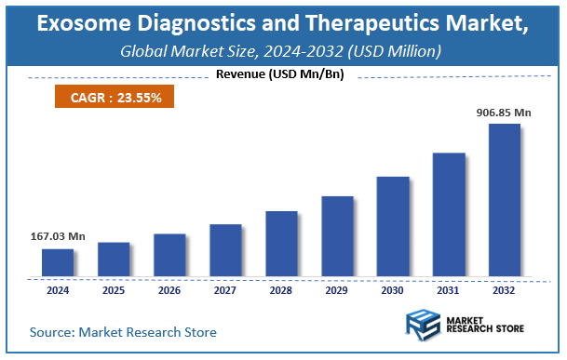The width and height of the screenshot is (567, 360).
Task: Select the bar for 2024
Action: [x=57, y=262]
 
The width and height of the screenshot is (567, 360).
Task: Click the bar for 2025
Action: [x=114, y=259]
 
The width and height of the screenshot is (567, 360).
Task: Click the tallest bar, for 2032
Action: [x=505, y=199]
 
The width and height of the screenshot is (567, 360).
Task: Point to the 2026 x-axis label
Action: [x=169, y=290]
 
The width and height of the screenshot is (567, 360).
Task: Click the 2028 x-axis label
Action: [x=281, y=290]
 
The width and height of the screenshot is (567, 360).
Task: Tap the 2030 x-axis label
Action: [x=393, y=290]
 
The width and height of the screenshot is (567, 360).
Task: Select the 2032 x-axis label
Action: [x=505, y=290]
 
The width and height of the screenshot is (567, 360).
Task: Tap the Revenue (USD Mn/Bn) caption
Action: [x=279, y=74]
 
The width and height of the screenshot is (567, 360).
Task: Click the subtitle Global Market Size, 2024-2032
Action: [x=280, y=50]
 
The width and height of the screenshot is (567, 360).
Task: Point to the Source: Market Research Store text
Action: [x=123, y=332]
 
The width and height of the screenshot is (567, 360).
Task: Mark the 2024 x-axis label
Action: [x=57, y=290]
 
